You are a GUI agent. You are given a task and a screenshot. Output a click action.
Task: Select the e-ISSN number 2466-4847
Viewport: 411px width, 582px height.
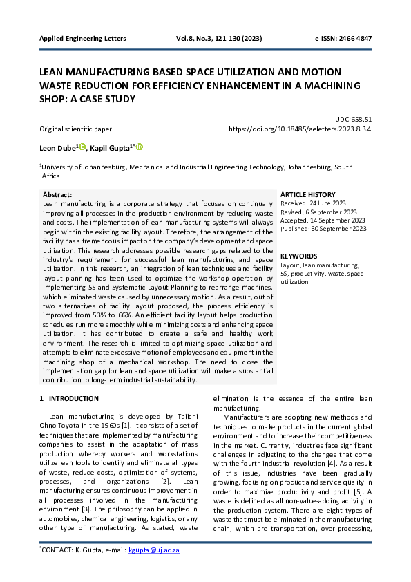[354, 38]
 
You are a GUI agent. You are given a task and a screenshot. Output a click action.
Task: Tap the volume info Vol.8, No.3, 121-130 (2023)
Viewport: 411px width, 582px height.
[222, 38]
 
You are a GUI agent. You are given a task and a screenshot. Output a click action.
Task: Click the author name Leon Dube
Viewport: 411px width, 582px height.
[58, 147]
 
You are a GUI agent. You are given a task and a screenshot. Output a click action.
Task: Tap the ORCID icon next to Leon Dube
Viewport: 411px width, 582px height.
[82, 147]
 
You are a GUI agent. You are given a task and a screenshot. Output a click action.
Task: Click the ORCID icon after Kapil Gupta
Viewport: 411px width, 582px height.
[140, 147]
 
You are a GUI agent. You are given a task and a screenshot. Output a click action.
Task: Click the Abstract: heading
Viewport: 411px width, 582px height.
[57, 195]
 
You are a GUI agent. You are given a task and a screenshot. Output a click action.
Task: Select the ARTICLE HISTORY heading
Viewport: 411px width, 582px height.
[307, 195]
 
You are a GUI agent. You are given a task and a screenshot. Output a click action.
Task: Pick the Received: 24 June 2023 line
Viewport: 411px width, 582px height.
[312, 203]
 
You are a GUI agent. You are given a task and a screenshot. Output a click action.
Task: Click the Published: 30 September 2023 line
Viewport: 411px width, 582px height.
[323, 229]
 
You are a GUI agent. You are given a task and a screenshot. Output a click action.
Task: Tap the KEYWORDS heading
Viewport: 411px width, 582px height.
[299, 256]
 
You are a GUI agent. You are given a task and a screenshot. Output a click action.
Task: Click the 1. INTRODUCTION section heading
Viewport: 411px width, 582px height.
[68, 399]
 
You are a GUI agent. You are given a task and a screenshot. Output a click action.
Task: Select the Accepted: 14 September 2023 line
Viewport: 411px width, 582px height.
[323, 220]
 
